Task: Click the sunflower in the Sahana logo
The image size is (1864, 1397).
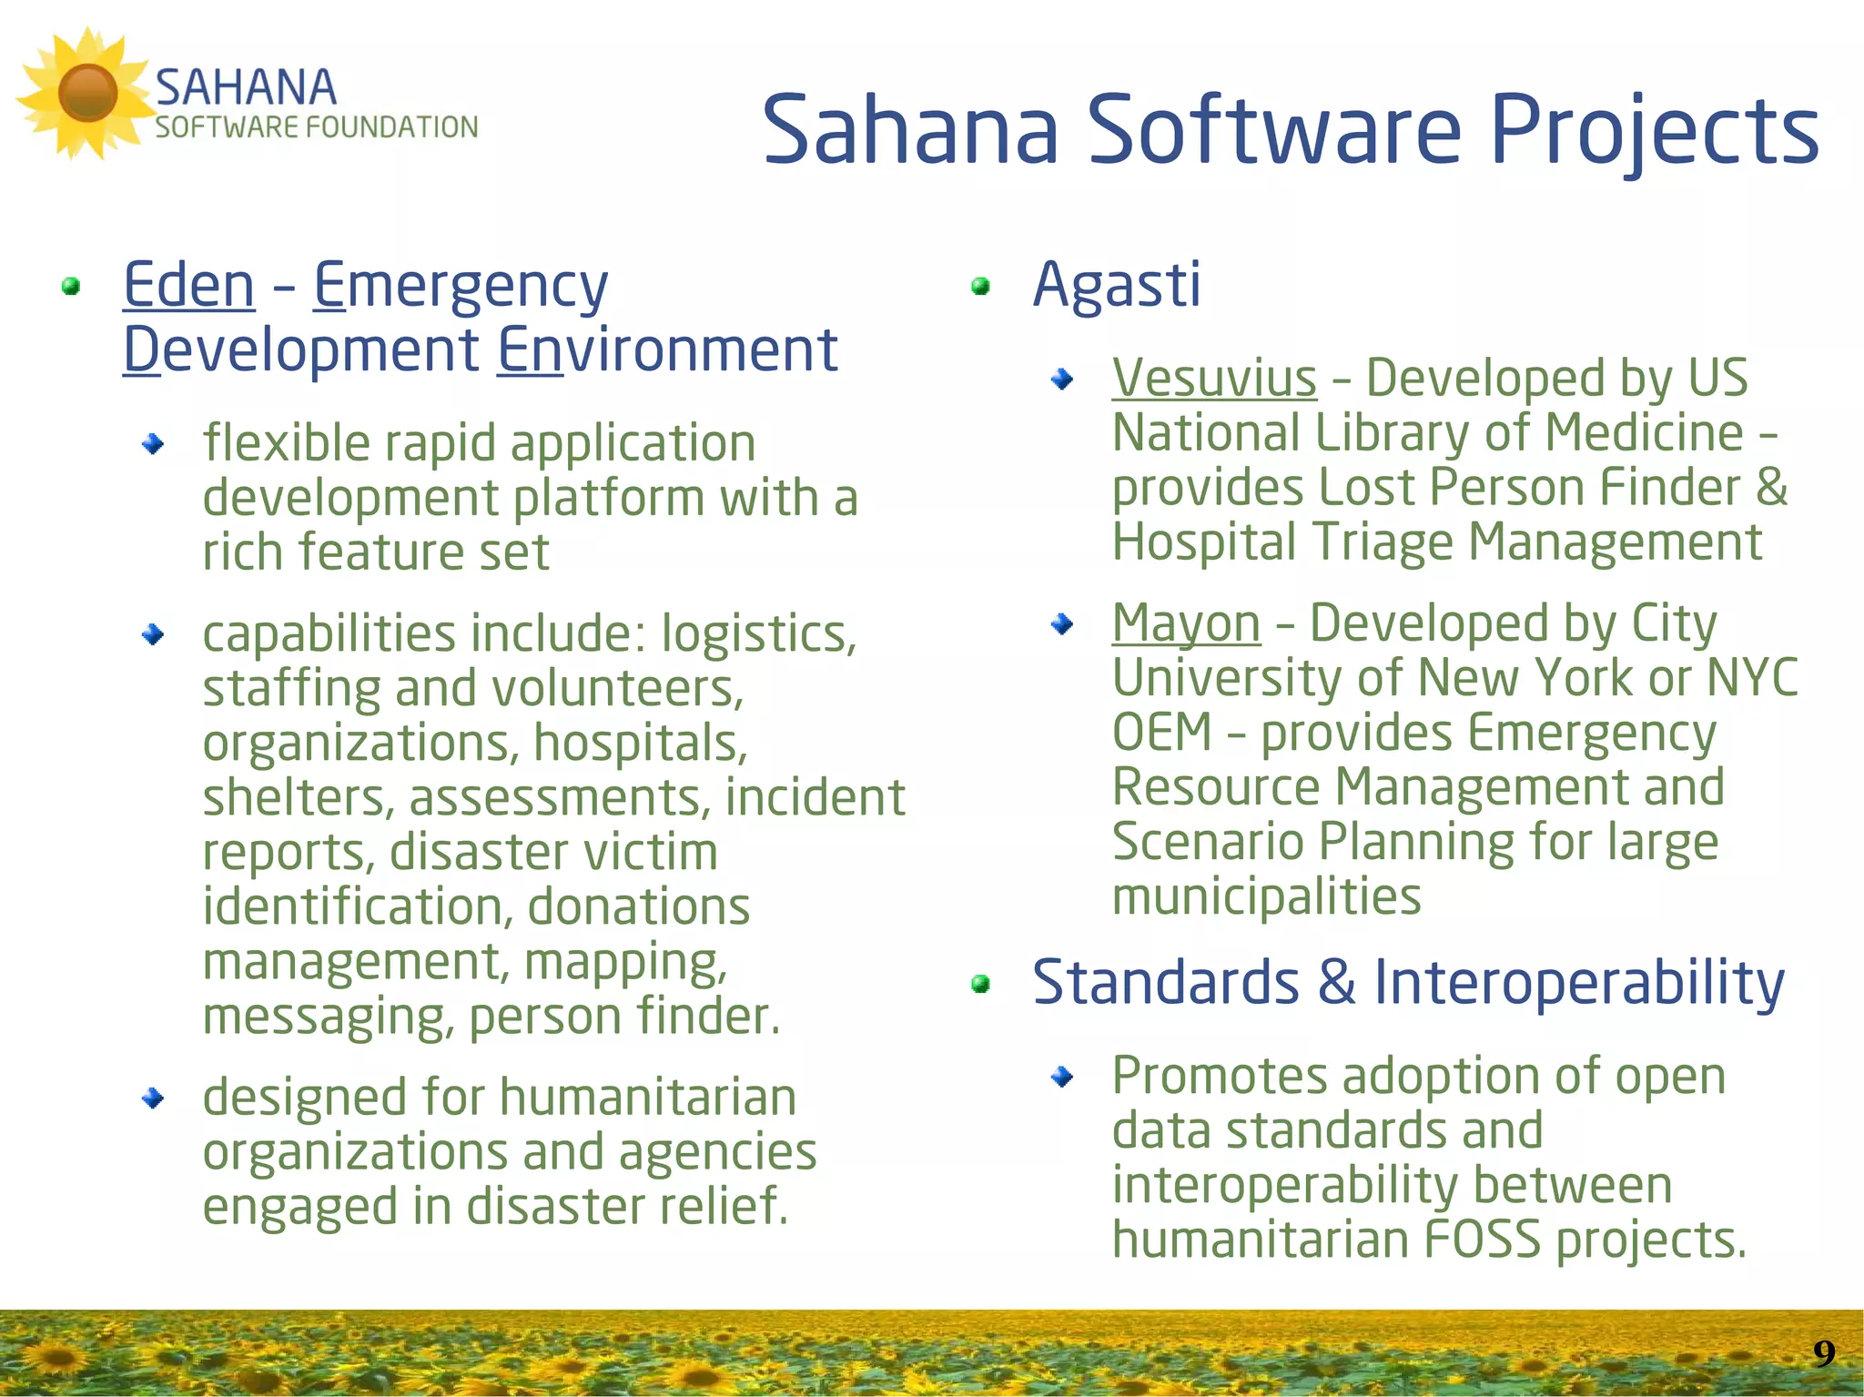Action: (86, 93)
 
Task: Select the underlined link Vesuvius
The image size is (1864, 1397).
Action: (1214, 378)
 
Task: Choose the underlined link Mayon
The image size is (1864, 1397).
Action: (1186, 624)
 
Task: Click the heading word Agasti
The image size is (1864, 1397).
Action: (1117, 285)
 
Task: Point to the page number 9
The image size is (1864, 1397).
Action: (1823, 1353)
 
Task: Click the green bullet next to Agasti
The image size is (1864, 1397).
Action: (980, 287)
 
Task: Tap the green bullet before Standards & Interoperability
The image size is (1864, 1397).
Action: (980, 984)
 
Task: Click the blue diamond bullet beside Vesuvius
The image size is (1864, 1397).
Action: (1061, 379)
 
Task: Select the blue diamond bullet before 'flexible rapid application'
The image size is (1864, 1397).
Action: (153, 444)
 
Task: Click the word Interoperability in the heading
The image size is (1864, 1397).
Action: (1579, 983)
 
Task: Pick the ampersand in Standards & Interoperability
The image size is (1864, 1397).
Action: (1335, 983)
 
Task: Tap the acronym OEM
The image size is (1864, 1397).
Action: (1162, 733)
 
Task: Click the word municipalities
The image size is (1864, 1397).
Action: (1266, 896)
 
